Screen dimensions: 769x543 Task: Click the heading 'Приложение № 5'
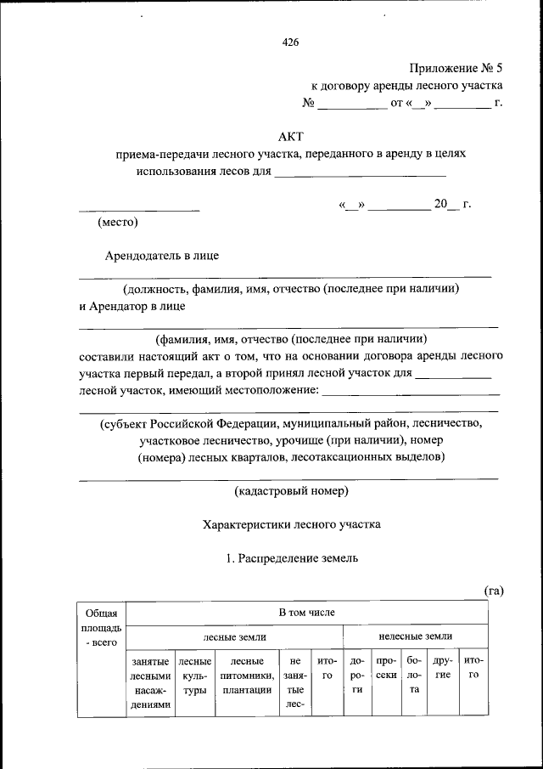[x=456, y=67]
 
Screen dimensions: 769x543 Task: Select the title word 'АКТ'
[x=290, y=136]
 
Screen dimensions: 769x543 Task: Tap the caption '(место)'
[x=117, y=223]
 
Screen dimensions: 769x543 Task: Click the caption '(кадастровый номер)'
[x=291, y=491]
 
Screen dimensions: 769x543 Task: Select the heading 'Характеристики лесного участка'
[x=291, y=524]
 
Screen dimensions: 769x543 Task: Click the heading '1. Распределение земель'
[x=291, y=558]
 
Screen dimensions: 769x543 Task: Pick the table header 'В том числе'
[x=307, y=612]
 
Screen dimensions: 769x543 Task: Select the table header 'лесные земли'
[x=234, y=636]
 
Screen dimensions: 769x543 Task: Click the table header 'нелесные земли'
[x=415, y=636]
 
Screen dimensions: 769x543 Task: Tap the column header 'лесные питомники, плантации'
[x=246, y=676]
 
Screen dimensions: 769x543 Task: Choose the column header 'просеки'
[x=386, y=668]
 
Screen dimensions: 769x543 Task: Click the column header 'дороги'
[x=357, y=676]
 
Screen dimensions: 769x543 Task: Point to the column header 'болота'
[x=414, y=676]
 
